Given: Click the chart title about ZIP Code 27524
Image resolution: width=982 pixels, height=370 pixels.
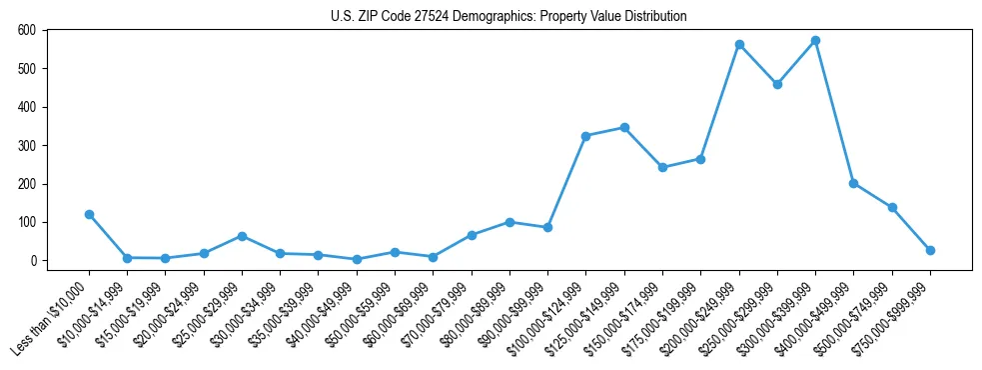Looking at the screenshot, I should tap(508, 16).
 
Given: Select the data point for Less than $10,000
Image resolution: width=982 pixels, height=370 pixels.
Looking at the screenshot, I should tap(89, 214).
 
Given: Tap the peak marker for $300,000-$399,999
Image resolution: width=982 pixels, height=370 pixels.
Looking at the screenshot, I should tap(815, 40).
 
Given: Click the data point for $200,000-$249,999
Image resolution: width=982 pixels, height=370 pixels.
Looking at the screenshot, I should tap(739, 44).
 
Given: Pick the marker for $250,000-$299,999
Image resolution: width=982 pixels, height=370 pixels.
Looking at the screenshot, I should tap(777, 84).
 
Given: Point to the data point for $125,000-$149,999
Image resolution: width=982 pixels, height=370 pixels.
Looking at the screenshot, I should tap(624, 127).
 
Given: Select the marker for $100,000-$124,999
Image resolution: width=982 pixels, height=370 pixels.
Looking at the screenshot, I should tap(586, 136).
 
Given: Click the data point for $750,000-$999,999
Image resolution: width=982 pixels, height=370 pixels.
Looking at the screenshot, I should tap(930, 250).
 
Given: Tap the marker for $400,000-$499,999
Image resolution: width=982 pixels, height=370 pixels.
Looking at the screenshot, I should tap(853, 183).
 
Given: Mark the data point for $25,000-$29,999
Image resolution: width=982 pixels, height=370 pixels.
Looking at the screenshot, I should tap(242, 236).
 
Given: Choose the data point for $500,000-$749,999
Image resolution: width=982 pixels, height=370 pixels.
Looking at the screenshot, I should tap(892, 207).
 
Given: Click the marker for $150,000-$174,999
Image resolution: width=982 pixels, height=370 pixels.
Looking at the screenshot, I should tap(662, 167).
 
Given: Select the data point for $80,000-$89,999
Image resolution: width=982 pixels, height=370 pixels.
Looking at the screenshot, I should tap(509, 222).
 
